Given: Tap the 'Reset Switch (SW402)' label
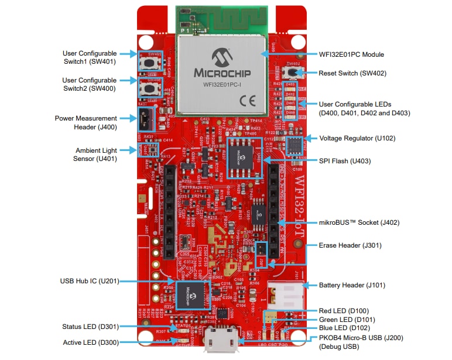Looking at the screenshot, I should (352, 73).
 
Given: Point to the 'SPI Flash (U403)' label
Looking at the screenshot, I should (344, 160).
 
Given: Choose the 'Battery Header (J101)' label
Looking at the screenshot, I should (351, 285).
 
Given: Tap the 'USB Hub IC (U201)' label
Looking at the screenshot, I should (89, 281).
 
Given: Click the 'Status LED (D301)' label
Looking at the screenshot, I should (88, 327).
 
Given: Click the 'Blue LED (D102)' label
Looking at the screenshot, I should (344, 328).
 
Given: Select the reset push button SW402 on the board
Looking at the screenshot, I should (291, 73).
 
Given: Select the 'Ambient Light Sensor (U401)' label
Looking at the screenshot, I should (96, 154).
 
